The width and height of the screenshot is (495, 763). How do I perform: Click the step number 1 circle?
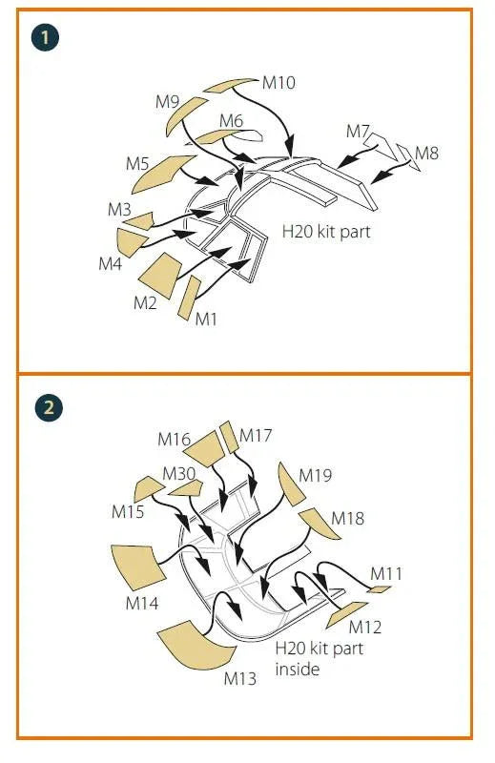pos(45,37)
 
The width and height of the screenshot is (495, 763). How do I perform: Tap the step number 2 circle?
pos(49,407)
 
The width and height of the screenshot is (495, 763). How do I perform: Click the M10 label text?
pos(278,83)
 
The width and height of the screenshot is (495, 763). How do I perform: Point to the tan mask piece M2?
pos(160,275)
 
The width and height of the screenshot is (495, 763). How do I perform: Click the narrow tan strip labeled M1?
pos(190,298)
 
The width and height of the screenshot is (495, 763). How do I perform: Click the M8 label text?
pos(427,154)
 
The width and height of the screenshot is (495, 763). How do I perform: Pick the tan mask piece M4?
pos(131,242)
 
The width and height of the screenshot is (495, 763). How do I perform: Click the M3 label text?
pos(119,210)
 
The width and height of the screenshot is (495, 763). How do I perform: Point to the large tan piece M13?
pos(195,646)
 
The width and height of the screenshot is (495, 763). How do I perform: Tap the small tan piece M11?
pos(380,589)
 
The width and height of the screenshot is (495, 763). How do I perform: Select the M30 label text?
pos(178,473)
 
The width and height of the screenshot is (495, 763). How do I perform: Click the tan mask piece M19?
pos(290,485)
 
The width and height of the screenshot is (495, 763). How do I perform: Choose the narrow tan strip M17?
pos(229,437)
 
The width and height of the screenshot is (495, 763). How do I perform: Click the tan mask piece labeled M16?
pos(205,448)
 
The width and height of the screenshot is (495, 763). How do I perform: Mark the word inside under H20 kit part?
pos(298,670)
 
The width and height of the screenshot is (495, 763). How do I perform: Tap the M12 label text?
pos(365,628)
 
